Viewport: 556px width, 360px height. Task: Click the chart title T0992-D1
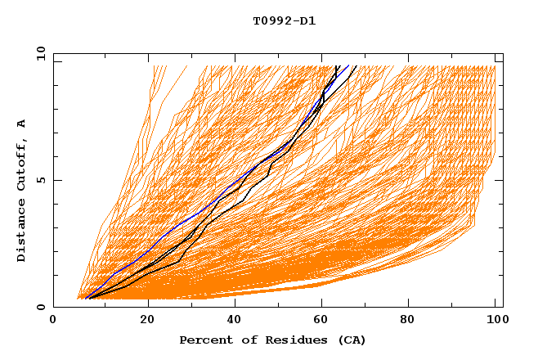(284, 21)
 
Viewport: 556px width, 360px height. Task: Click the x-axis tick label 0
(53, 321)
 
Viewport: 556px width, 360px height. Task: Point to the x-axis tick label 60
(325, 321)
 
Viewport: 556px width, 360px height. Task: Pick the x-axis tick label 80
(413, 321)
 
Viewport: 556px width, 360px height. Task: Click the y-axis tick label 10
(40, 54)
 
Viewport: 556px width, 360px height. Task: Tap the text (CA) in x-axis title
(352, 340)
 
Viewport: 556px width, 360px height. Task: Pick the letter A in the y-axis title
(21, 124)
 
